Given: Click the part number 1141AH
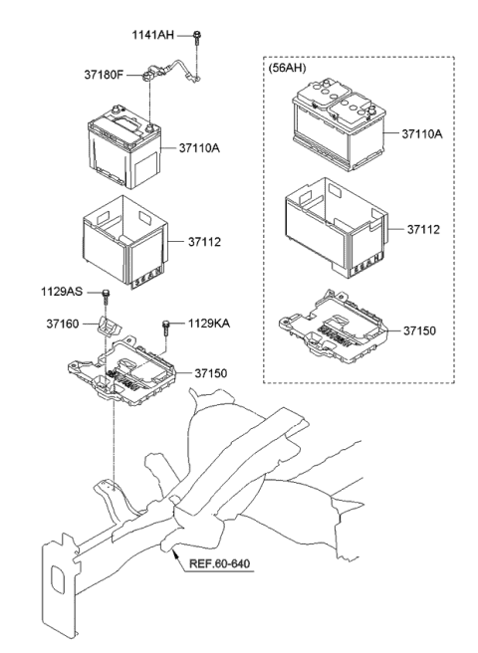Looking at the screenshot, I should click(x=152, y=35).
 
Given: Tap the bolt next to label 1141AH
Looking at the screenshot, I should click(x=199, y=37).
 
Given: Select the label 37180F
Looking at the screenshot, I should click(x=106, y=74).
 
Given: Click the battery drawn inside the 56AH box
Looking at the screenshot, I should click(x=336, y=127).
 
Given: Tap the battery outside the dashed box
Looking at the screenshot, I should click(x=123, y=149).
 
